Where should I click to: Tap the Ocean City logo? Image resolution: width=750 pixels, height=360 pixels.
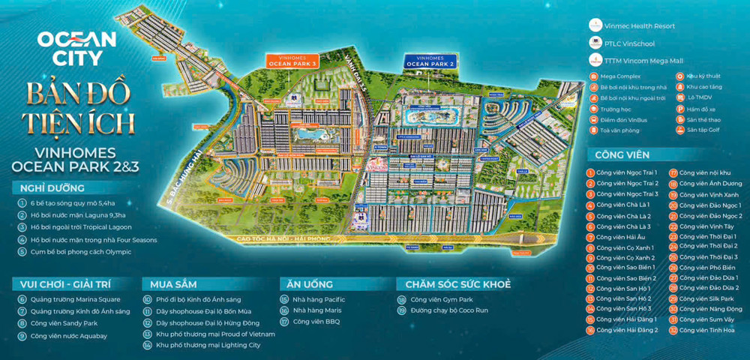click(76, 46)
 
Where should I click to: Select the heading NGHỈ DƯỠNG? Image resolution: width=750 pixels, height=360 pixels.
click(48, 188)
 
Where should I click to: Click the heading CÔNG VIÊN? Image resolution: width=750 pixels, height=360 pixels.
click(622, 155)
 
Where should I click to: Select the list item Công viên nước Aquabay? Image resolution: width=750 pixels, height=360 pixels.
click(62, 336)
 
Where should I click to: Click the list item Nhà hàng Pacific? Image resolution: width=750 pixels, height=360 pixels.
click(313, 299)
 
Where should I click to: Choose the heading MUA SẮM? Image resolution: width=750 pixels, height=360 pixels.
click(173, 284)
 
